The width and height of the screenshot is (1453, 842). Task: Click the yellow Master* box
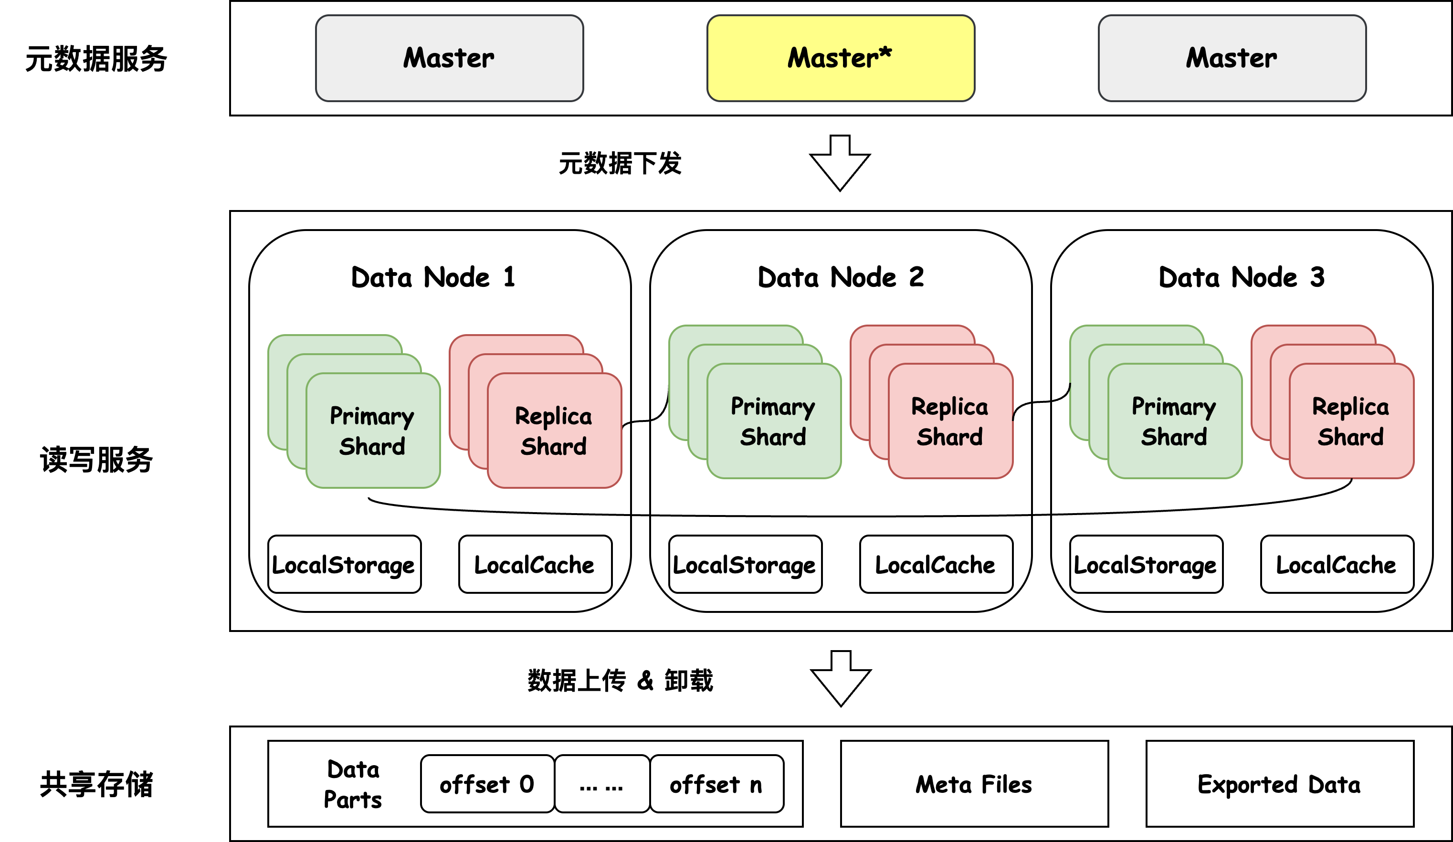coord(840,58)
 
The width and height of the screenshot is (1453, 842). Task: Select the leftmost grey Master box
coord(449,58)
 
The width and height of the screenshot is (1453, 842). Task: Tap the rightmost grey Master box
coord(1232,58)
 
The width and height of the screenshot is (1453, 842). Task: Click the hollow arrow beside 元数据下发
coord(840,163)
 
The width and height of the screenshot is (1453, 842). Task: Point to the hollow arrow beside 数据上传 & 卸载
coord(841,679)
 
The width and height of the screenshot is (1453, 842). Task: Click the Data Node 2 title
coord(840,277)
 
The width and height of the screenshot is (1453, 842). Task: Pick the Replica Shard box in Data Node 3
coord(1351,421)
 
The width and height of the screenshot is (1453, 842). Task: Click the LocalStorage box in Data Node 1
coord(344,564)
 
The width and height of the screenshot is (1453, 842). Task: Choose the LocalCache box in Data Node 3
coord(1337,564)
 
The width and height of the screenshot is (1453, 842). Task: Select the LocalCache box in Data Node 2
coord(935,564)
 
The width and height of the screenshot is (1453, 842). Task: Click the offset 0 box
coord(487,784)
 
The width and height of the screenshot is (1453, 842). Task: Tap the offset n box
coord(716,784)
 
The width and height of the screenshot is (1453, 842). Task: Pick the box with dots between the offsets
coord(601,784)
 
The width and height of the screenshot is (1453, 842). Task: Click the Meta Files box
coord(974,784)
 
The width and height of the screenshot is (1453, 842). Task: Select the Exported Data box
coord(1279,784)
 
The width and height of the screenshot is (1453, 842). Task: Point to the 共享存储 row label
coord(96,784)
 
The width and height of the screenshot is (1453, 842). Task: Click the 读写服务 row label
coord(96,460)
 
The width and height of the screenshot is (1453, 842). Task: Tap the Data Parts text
coord(353,784)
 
